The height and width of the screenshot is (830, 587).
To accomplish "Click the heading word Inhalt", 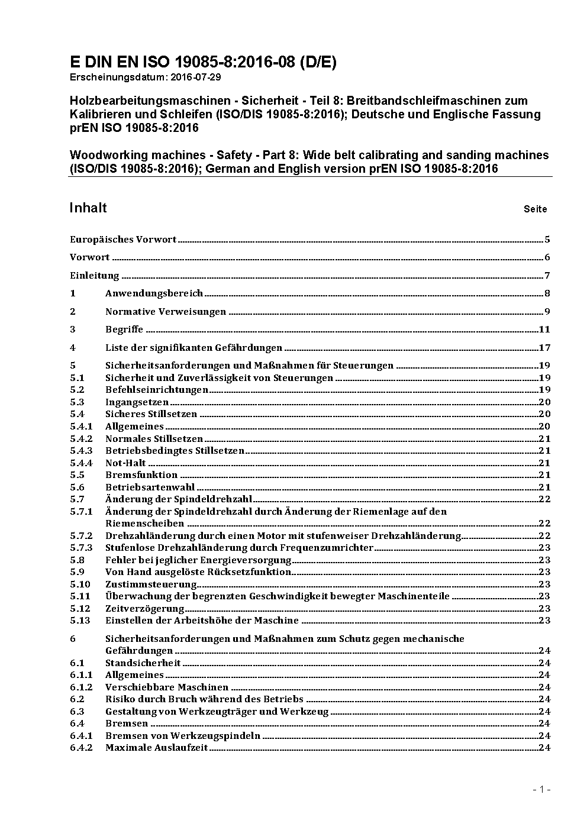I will coord(88,208).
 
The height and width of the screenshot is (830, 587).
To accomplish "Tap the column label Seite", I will coord(535,209).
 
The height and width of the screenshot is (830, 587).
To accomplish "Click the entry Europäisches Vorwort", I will coord(123,240).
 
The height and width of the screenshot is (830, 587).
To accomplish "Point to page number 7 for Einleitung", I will coord(547,276).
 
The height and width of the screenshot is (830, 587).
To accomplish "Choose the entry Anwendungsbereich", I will coord(154,293).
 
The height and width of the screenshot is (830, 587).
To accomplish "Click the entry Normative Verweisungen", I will coord(166,312).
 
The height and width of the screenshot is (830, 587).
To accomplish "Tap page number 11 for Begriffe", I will coord(544,330).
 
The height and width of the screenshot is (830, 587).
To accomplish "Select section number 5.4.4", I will coord(81,463).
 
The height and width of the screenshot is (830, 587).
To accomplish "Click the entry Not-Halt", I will coord(125,463).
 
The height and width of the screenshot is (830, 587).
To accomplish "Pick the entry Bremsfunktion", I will coord(141,475).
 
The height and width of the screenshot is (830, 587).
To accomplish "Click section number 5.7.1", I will coord(81,511).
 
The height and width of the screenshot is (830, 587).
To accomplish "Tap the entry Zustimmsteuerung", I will coord(147,584).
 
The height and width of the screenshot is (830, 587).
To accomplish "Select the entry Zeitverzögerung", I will coord(145,608).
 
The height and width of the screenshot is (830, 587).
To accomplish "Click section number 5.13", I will coord(80,621).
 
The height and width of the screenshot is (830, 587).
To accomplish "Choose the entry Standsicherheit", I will coord(143,663).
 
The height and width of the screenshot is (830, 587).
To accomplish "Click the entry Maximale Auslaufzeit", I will coord(157,748).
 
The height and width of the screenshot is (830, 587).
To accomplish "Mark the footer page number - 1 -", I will coord(542,789).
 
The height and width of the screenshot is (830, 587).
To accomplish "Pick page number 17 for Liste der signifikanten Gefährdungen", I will coord(544,348).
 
